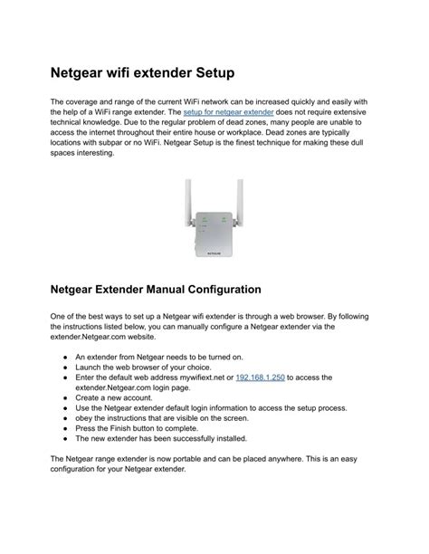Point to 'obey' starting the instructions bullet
tap(84, 417)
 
